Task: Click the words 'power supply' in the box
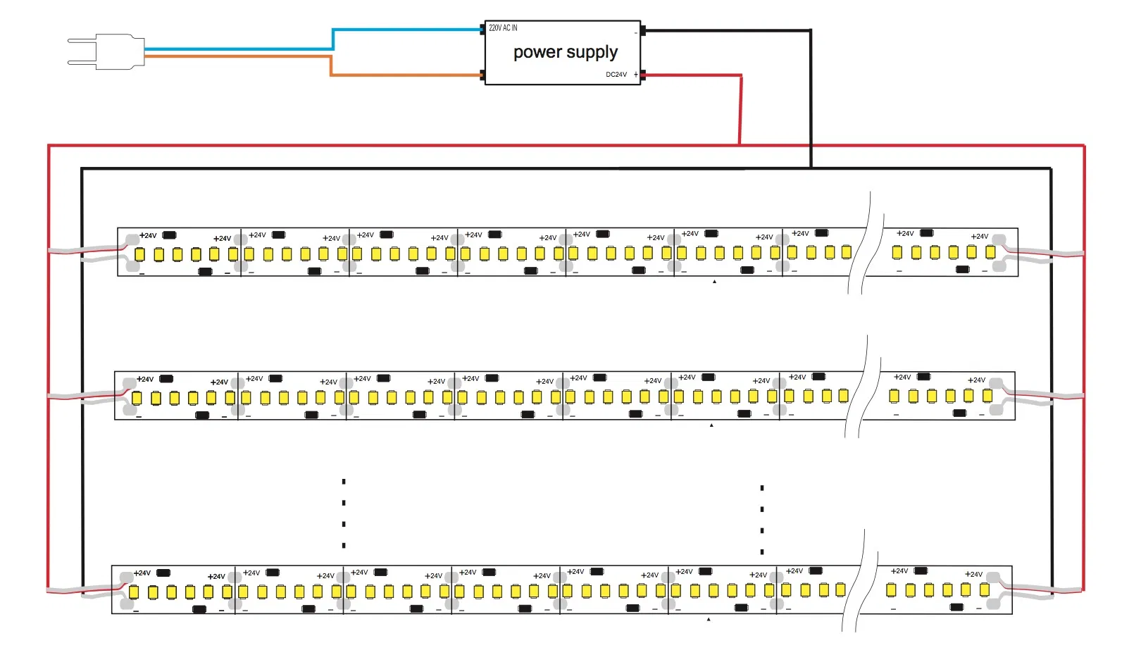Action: tap(565, 53)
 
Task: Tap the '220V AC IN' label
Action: tap(503, 28)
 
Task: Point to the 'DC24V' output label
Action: tap(616, 75)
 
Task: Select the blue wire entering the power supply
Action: tap(409, 30)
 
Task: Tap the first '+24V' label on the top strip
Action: tap(148, 236)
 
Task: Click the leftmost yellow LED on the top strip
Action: tap(139, 254)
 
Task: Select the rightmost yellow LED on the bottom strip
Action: tap(985, 589)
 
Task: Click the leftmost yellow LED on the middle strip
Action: tap(137, 398)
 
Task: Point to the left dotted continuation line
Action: tap(344, 513)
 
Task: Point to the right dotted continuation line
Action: tap(762, 520)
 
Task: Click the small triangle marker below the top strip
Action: tap(714, 282)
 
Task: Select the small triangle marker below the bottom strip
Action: tap(709, 620)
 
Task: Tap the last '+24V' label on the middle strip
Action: tap(976, 380)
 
